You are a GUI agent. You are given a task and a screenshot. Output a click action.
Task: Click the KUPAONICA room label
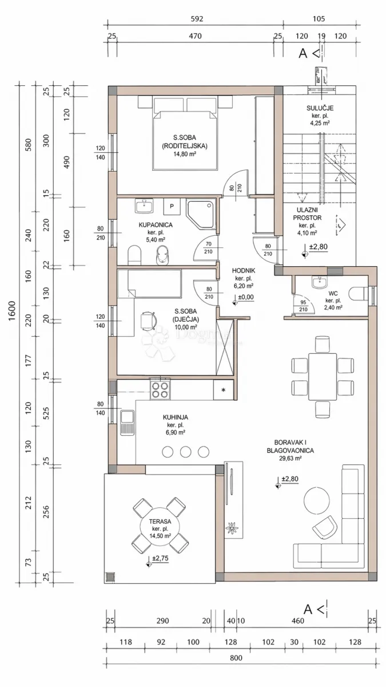pyautogui.click(x=156, y=225)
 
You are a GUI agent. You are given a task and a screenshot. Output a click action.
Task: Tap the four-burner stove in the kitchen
pyautogui.click(x=160, y=389)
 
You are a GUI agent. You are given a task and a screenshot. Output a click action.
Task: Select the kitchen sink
pyautogui.click(x=127, y=422)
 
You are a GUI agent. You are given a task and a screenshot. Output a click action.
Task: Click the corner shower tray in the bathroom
pyautogui.click(x=201, y=215)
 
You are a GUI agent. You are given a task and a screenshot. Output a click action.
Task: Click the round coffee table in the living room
pyautogui.click(x=317, y=499)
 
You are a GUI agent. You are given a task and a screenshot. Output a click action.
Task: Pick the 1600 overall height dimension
pyautogui.click(x=11, y=311)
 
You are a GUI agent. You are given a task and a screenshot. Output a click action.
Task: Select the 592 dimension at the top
pyautogui.click(x=197, y=19)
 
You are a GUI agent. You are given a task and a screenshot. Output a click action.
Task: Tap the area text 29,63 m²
pyautogui.click(x=290, y=459)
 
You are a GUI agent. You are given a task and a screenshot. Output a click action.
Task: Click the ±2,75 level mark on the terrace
pyautogui.click(x=160, y=558)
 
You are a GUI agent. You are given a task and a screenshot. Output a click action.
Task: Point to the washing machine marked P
pyautogui.click(x=172, y=207)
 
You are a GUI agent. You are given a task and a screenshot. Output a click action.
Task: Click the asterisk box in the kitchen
pyautogui.click(x=224, y=390)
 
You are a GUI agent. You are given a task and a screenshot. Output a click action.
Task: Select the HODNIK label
pyautogui.click(x=244, y=271)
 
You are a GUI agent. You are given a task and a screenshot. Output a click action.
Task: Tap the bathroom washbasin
pyautogui.click(x=144, y=206)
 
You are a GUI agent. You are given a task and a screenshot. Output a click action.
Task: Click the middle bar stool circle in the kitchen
pyautogui.click(x=186, y=452)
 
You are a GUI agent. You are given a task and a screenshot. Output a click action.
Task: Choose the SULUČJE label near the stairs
pyautogui.click(x=320, y=108)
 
